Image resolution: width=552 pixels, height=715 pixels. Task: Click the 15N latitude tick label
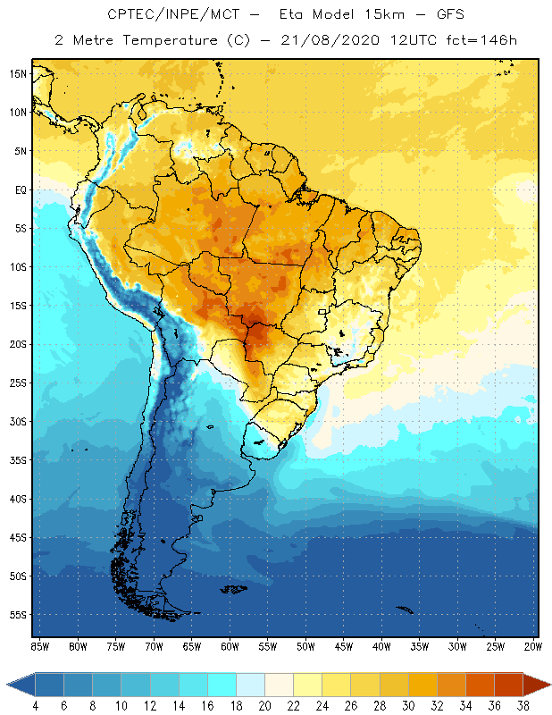(x=18, y=73)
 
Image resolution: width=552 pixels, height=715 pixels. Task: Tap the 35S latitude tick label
(x=18, y=460)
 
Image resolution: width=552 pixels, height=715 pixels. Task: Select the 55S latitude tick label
(x=18, y=615)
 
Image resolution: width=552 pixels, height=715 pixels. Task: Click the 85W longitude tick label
(x=39, y=646)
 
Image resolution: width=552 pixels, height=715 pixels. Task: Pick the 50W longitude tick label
(x=305, y=646)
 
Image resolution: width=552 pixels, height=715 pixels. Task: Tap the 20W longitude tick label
(x=532, y=646)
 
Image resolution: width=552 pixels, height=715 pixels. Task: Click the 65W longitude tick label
(x=191, y=646)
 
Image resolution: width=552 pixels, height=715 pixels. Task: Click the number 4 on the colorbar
(x=35, y=706)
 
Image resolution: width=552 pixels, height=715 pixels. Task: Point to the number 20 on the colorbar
(x=264, y=706)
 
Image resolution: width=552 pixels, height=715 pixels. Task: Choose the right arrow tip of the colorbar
(x=548, y=685)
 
